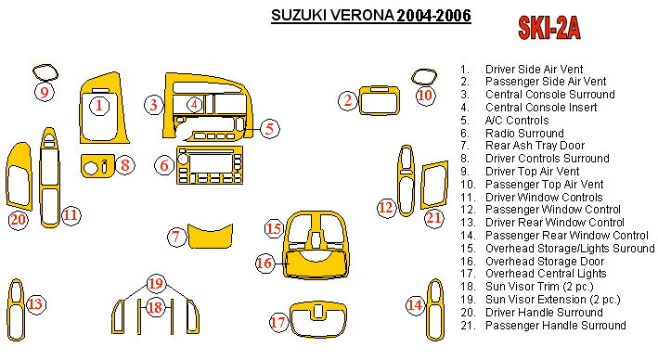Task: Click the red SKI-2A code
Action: point(549,28)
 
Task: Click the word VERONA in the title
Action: point(362,16)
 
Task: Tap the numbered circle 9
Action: point(45,92)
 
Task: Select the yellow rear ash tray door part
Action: point(210,236)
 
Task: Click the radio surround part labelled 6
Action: point(210,165)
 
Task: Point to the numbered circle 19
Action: point(156,283)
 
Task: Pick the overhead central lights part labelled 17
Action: point(318,320)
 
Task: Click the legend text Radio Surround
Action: point(524,134)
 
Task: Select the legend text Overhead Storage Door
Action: point(545,262)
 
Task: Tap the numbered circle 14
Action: point(415,304)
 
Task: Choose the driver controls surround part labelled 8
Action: point(97,166)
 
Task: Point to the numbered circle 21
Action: point(433,218)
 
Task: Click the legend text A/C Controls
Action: point(517,121)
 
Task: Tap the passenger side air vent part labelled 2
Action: point(380,100)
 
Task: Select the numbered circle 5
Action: point(269,128)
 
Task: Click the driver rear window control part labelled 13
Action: point(16,310)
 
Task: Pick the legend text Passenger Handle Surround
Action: point(556,325)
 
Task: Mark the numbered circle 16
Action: point(264,264)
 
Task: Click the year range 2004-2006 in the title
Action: point(434,16)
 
